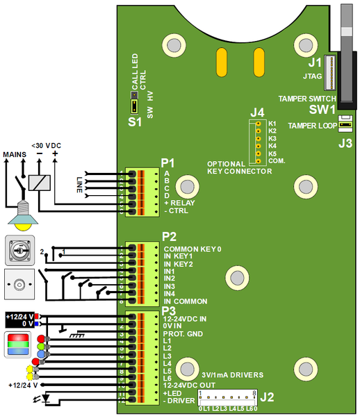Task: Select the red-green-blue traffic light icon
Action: coord(18,344)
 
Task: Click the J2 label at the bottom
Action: coord(267,398)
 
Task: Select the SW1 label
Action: coord(322,110)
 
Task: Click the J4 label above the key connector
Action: coord(257,112)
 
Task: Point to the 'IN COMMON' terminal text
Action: coord(185,301)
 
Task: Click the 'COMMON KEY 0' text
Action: coord(192,248)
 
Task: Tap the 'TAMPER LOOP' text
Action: coord(311,126)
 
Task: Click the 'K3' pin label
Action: coord(272,138)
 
